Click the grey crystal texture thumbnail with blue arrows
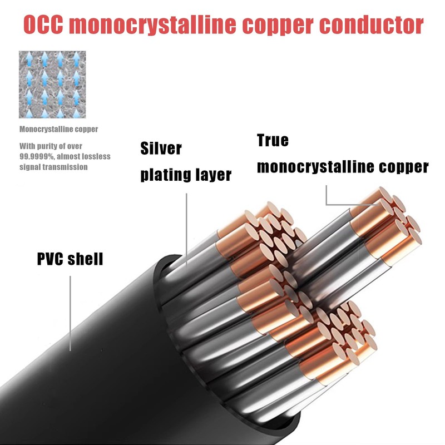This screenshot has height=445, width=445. [x=52, y=85]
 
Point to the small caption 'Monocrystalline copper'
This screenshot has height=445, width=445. [x=58, y=130]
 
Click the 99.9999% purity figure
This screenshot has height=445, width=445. [x=34, y=156]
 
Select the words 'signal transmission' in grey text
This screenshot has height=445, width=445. [x=53, y=167]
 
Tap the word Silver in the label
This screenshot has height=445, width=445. [x=161, y=149]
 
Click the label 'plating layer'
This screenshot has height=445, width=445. [x=186, y=175]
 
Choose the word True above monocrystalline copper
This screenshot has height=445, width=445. [x=273, y=140]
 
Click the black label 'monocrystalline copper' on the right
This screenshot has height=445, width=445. [x=343, y=166]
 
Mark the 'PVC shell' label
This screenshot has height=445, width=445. [x=70, y=259]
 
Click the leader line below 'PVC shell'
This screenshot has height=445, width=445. [x=71, y=311]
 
